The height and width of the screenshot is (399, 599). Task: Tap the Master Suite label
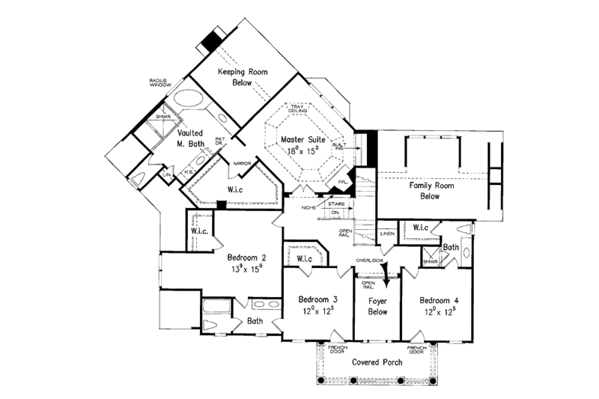point(302,140)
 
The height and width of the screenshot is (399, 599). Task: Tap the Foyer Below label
point(377,306)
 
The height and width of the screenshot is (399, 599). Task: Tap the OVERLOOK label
point(370,261)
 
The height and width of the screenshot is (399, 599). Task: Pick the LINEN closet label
point(386,234)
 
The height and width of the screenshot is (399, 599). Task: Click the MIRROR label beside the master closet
point(241,162)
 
